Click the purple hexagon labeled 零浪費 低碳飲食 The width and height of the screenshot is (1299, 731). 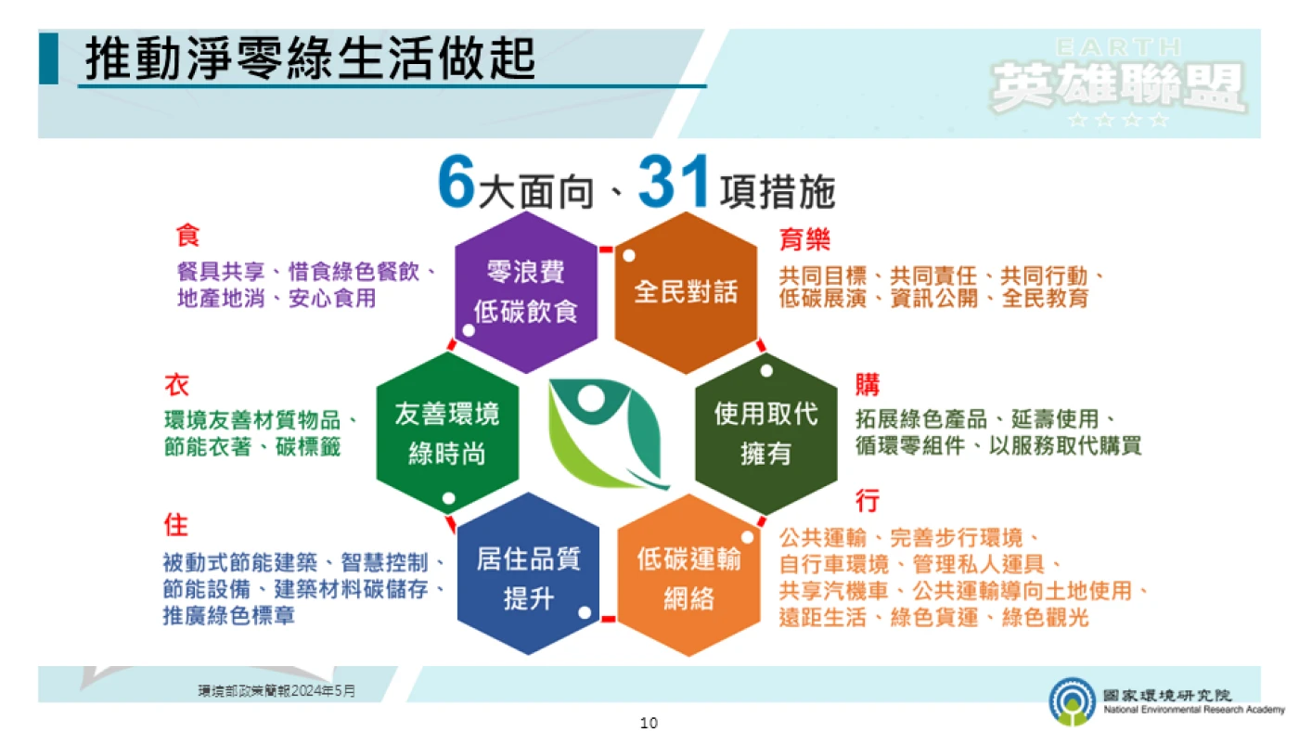pos(526,292)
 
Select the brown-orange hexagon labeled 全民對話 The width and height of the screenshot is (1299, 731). pos(686,292)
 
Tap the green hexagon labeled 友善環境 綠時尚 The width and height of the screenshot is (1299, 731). pos(447,433)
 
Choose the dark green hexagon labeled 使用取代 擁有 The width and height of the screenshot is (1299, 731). pos(766,433)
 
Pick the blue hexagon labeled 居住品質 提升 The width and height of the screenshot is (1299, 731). pos(528,574)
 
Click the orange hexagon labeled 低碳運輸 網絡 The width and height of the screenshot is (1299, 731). pos(688,575)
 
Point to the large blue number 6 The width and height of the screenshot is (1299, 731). pos(457,181)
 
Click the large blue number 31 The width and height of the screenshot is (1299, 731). pos(674,181)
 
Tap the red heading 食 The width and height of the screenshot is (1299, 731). pos(187,236)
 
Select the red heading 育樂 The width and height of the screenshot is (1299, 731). pos(805,238)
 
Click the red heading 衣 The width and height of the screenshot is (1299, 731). pos(177,384)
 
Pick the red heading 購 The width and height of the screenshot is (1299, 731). pos(868,384)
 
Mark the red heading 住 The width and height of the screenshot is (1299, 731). pos(176,525)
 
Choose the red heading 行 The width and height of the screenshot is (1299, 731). pos(868,500)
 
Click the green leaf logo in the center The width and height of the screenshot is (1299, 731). pos(607,433)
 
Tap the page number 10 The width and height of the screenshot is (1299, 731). pos(649,723)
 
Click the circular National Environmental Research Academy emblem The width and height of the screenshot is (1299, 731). pos(1073,701)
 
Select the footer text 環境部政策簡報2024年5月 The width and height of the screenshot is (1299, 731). pos(277,690)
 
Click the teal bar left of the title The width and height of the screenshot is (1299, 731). pos(48,58)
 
